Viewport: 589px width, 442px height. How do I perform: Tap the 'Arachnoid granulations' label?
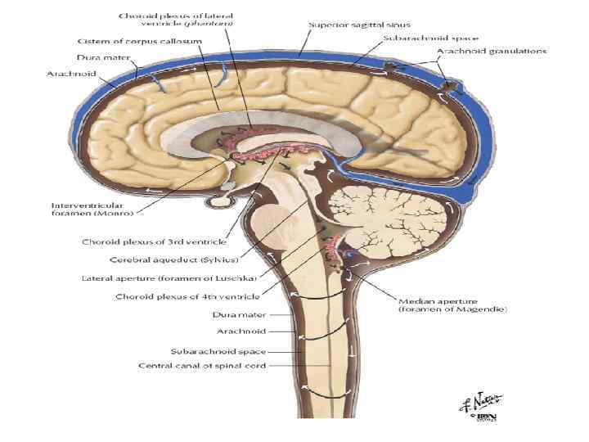tap(492, 51)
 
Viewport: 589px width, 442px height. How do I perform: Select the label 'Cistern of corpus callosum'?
tap(126, 42)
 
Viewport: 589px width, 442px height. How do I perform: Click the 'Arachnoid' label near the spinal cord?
tap(239, 331)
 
